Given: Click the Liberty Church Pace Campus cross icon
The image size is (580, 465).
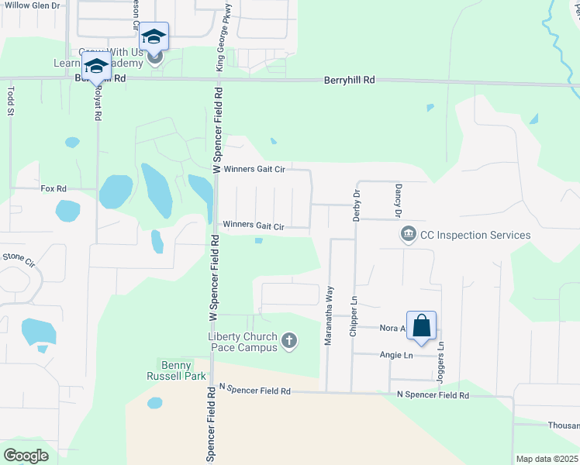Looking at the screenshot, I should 289,340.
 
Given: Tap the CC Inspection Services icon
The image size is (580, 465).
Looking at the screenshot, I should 407,233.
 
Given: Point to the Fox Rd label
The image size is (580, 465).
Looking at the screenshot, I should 53,188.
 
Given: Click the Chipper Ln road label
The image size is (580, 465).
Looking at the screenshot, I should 354,309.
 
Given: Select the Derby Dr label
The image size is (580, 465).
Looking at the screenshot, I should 357,206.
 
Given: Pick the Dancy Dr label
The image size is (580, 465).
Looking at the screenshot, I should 398,200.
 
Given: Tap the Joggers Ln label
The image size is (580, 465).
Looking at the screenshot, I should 442,357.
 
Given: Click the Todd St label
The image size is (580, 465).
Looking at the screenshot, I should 11,101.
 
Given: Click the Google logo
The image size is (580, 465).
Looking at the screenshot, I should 25,455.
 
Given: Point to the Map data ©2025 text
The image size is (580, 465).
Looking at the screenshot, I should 546,459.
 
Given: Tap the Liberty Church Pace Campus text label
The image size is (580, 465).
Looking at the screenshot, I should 242,342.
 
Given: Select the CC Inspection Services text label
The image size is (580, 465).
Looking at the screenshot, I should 475,235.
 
